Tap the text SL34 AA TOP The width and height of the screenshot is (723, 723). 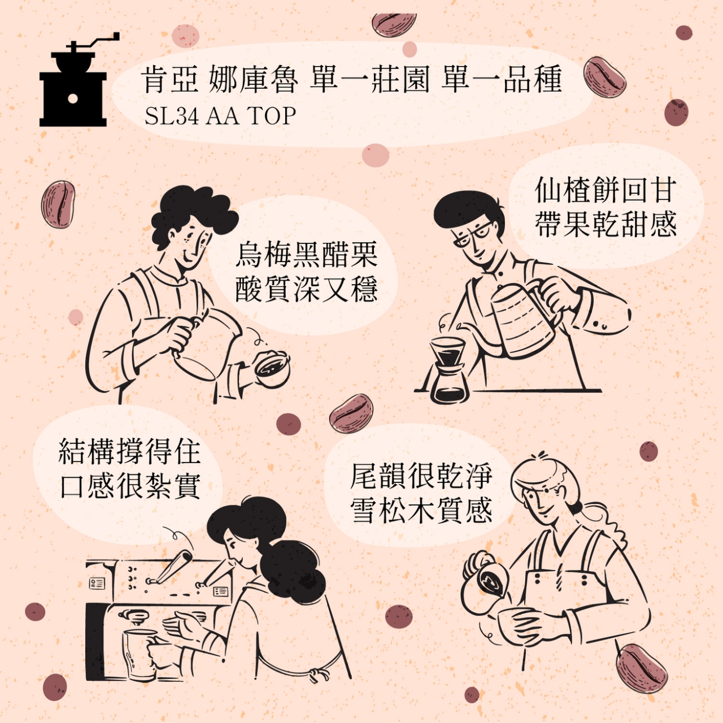pyautogui.click(x=220, y=116)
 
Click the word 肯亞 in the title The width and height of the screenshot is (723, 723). pyautogui.click(x=171, y=80)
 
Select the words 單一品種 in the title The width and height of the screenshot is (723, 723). pyautogui.click(x=501, y=80)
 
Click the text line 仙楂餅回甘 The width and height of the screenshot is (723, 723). pyautogui.click(x=606, y=189)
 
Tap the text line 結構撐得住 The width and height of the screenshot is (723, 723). pyautogui.click(x=130, y=452)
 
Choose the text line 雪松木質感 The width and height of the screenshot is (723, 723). pyautogui.click(x=421, y=510)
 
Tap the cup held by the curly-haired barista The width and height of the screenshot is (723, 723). pyautogui.click(x=272, y=367)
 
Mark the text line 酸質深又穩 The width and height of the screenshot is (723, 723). pyautogui.click(x=306, y=289)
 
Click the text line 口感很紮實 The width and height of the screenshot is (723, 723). pyautogui.click(x=130, y=486)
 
